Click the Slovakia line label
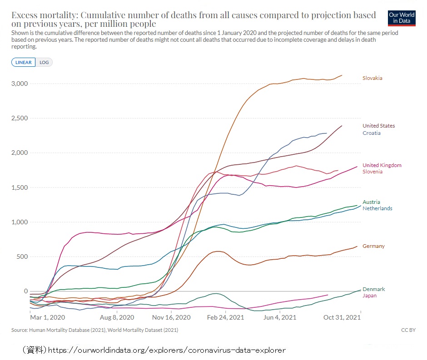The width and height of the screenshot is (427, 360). coord(372,78)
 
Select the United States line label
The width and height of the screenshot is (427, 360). coord(378,126)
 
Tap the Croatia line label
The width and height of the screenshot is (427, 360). coord(371,133)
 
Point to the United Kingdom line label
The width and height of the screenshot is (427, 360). coord(382,165)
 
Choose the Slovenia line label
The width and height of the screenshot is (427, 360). coord(372,172)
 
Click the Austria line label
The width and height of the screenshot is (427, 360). coord(371,202)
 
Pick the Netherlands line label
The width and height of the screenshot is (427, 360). coord(377,208)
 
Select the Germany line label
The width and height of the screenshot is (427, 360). coord(373,246)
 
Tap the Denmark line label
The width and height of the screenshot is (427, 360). coord(373,289)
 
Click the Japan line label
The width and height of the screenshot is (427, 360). coord(369,296)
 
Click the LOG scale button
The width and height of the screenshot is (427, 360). coord(44,62)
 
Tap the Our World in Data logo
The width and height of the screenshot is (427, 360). coord(402,18)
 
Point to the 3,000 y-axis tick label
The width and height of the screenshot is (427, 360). coord(20,84)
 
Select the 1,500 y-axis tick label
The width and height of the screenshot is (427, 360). coord(20,187)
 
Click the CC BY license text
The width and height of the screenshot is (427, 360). coord(408,330)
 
